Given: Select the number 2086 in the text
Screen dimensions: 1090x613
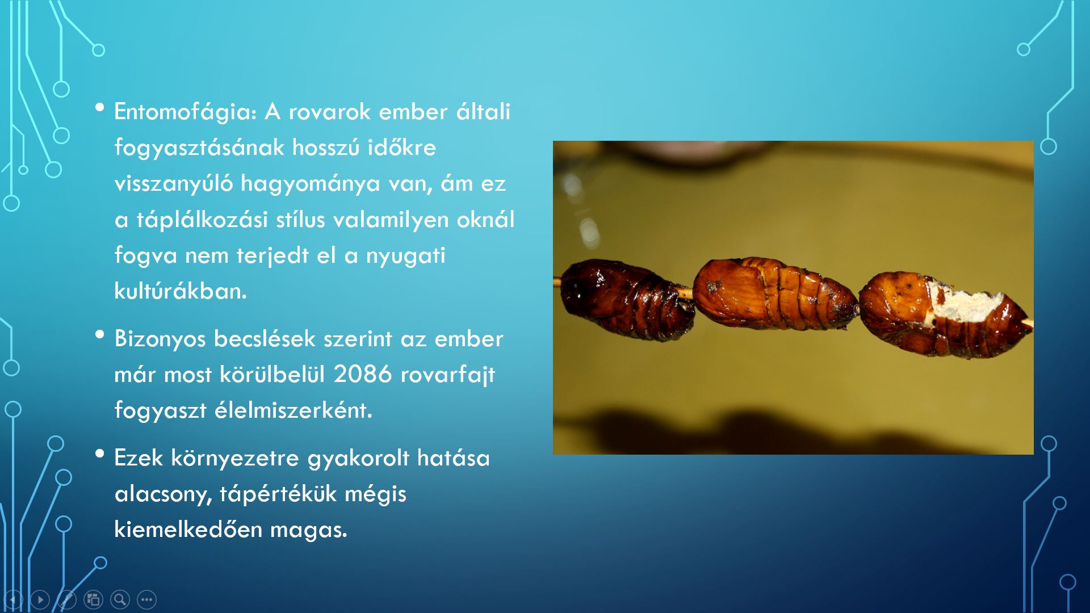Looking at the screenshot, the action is click(x=363, y=374).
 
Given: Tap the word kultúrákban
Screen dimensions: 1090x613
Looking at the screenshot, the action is click(x=181, y=291).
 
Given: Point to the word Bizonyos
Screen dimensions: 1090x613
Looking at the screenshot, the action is click(x=160, y=339).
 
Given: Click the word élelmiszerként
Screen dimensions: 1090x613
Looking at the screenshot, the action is click(x=293, y=410).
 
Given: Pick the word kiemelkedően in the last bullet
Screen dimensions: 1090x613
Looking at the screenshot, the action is click(x=188, y=529).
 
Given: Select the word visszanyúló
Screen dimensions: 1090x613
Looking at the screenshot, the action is click(x=174, y=183).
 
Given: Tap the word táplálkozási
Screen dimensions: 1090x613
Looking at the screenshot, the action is click(x=203, y=220).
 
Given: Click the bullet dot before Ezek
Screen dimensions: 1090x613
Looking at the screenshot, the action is click(x=100, y=454).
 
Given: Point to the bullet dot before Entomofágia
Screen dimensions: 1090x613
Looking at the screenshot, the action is click(x=100, y=107).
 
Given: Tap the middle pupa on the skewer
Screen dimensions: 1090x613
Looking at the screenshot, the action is click(x=775, y=293).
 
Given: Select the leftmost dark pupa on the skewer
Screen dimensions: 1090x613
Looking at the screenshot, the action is click(x=627, y=299).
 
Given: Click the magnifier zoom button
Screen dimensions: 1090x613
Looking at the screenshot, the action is click(x=120, y=599).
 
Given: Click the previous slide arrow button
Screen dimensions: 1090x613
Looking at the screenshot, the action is click(x=13, y=599).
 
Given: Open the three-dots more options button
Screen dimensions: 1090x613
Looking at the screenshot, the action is click(x=146, y=599).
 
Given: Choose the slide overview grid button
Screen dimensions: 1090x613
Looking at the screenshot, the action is click(x=93, y=599).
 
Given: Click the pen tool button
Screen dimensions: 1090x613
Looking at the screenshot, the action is click(x=66, y=599).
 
